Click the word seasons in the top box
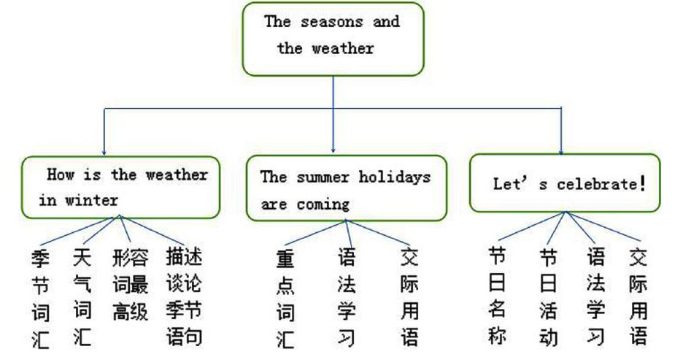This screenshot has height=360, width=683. pos(331,22)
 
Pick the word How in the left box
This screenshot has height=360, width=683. pos(61,175)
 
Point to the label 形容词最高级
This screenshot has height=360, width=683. pos(131,285)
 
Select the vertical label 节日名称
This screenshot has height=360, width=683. pos(497,296)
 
